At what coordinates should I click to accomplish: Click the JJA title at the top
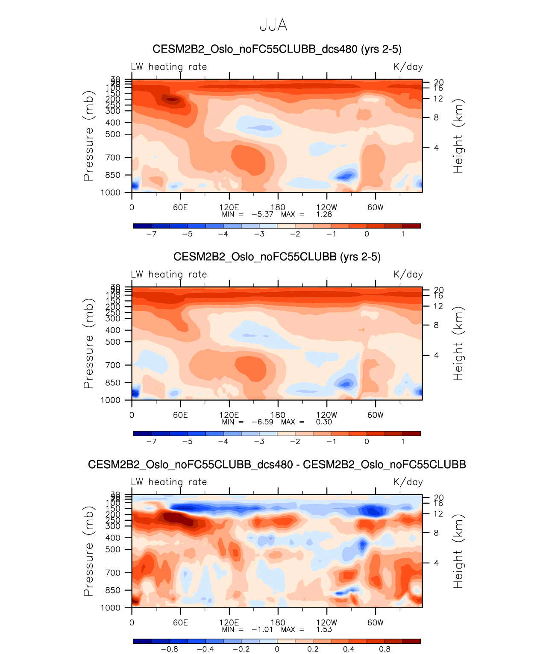273,26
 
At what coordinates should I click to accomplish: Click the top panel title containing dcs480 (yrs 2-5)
277,49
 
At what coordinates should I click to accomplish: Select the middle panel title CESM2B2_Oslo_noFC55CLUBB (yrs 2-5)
277,257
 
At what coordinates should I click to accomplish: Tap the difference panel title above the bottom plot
277,464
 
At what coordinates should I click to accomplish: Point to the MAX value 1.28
324,214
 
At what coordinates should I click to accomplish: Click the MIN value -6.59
262,422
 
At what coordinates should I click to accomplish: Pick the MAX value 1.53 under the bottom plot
324,630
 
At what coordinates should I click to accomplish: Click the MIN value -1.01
262,630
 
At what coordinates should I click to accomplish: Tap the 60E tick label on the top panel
180,208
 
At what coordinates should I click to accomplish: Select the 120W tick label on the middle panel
326,415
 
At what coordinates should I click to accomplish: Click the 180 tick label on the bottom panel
278,623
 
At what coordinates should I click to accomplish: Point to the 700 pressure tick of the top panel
113,158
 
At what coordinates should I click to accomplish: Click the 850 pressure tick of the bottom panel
113,590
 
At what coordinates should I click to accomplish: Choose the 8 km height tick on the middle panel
436,325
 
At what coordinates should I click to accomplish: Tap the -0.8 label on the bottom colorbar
169,649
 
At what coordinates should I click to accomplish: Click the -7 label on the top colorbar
151,234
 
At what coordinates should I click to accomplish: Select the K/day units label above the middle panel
408,275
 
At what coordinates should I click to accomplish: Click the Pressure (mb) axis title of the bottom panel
88,551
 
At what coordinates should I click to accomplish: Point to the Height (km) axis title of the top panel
458,136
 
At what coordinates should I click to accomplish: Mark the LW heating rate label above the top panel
169,67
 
